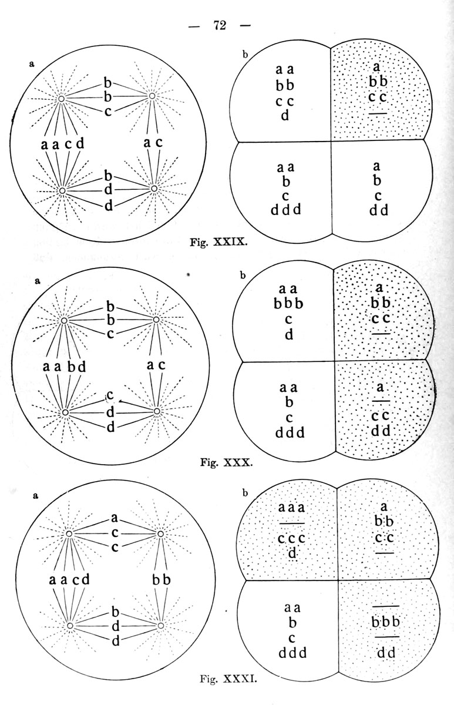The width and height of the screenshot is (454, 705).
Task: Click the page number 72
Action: click(220, 25)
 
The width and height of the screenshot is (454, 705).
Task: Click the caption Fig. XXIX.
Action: click(218, 243)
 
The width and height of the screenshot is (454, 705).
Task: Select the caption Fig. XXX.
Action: click(226, 463)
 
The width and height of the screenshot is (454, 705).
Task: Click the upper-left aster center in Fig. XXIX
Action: click(61, 99)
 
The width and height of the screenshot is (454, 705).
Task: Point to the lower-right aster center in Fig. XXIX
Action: click(154, 189)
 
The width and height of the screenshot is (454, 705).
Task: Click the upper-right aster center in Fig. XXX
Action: click(156, 320)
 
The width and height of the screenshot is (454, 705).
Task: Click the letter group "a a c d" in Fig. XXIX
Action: click(63, 144)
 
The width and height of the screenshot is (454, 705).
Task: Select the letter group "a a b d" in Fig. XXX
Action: click(65, 367)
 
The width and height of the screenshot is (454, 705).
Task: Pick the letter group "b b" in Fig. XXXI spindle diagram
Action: click(162, 579)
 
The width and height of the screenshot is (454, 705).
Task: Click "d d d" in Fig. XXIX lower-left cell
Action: click(285, 210)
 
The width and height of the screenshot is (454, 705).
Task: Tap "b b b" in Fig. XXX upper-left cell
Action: click(288, 304)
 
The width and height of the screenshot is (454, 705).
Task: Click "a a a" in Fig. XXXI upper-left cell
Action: click(291, 508)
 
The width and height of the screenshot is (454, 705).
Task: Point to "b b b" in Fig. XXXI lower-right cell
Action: click(385, 622)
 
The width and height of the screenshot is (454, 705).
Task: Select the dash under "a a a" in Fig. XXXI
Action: click(292, 523)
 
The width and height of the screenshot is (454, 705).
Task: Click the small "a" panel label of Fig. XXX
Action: click(38, 281)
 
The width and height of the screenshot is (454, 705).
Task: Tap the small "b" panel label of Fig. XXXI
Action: click(245, 493)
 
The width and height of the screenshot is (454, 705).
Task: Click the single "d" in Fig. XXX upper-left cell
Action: click(289, 335)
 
